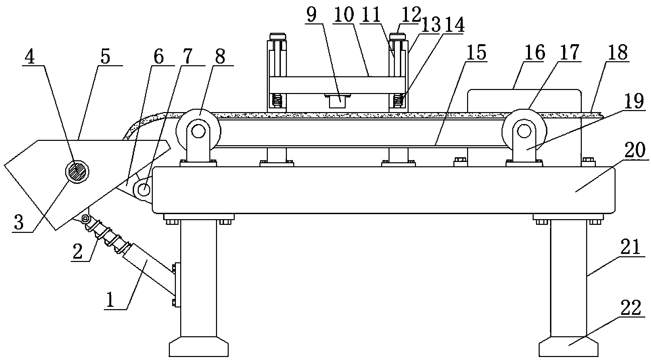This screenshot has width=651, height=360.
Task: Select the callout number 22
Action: (x=630, y=308)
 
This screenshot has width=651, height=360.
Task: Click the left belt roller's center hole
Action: (x=198, y=131)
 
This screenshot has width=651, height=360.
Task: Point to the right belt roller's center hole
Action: (x=524, y=131)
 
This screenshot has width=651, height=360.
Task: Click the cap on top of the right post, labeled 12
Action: (x=399, y=36)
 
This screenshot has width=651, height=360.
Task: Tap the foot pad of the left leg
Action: (x=199, y=348)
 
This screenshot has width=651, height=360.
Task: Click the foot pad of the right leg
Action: (x=568, y=348)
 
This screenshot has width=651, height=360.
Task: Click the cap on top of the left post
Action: (x=278, y=36)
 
